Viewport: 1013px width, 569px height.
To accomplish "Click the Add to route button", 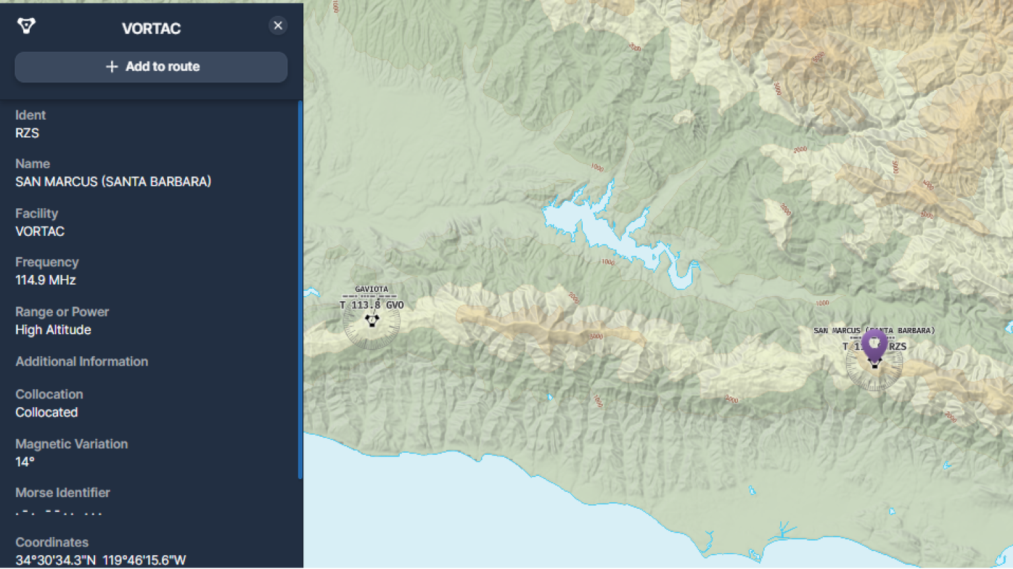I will pyautogui.click(x=151, y=67).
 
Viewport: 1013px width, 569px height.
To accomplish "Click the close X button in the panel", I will pyautogui.click(x=278, y=26).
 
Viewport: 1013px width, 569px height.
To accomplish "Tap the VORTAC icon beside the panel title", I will pyautogui.click(x=26, y=26).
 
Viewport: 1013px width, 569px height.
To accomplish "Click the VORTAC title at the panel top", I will pyautogui.click(x=151, y=28).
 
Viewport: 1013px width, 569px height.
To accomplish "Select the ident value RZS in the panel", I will pyautogui.click(x=27, y=133).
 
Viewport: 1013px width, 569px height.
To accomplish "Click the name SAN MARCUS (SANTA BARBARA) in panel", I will pyautogui.click(x=113, y=182).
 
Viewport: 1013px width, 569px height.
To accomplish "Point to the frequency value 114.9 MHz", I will pyautogui.click(x=46, y=280).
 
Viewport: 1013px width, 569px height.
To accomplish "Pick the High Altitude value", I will pyautogui.click(x=53, y=330).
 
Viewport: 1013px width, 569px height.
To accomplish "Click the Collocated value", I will pyautogui.click(x=46, y=412).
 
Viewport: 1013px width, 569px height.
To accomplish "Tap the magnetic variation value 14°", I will pyautogui.click(x=24, y=462).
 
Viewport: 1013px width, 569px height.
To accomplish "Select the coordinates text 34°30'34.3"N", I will pyautogui.click(x=56, y=560).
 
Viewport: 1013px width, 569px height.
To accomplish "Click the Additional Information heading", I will pyautogui.click(x=81, y=361).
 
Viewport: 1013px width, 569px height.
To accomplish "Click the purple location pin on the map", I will pyautogui.click(x=874, y=345).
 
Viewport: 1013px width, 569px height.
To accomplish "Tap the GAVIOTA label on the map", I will pyautogui.click(x=371, y=289).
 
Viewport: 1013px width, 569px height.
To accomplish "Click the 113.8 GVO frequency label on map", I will pyautogui.click(x=376, y=305).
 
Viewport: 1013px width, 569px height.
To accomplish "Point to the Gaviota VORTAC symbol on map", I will pyautogui.click(x=372, y=321).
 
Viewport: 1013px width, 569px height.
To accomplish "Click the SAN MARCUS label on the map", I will pyautogui.click(x=837, y=330).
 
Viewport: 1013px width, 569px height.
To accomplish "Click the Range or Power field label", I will pyautogui.click(x=62, y=312).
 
